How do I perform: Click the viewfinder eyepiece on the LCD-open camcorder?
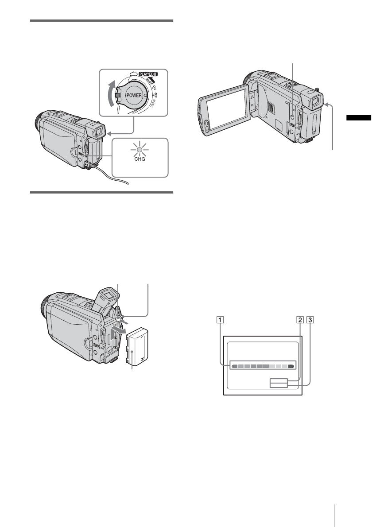(x=316, y=103)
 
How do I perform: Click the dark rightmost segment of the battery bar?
(x=291, y=367)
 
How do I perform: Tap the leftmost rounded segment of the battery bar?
(x=235, y=367)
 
